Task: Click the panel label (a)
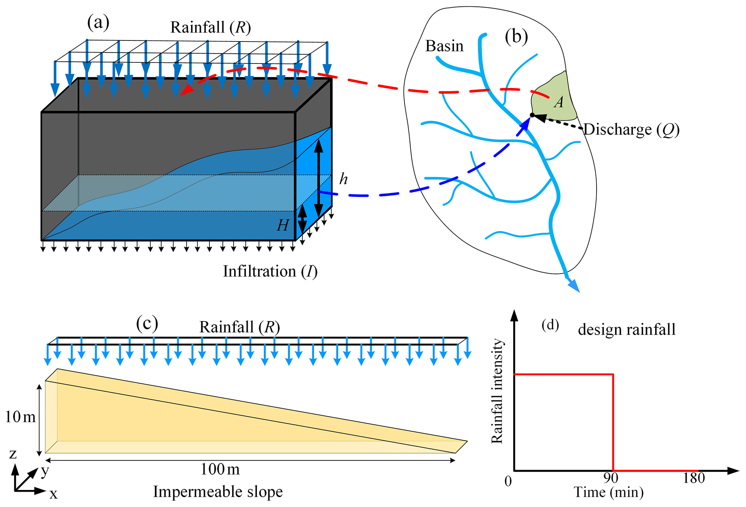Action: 98,23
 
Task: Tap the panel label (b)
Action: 516,37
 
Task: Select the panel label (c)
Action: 147,323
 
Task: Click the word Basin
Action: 444,46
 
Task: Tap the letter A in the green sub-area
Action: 559,102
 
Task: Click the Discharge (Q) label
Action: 631,130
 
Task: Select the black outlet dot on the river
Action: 532,115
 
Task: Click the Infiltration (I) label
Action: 270,271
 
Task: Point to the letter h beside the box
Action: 343,179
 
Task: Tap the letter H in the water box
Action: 283,226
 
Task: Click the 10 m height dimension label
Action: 20,417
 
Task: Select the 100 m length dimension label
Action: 220,469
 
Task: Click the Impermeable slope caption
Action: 218,491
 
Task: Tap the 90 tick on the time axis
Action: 611,478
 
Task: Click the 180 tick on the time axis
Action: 694,478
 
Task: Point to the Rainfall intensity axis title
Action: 497,391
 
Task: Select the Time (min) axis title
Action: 608,492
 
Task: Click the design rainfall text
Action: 627,330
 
